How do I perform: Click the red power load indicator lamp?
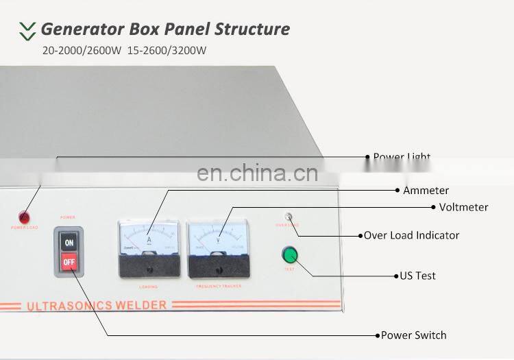24,217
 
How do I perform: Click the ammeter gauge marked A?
148,247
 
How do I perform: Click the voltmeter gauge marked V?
218,248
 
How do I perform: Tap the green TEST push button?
291,255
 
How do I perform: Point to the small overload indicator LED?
289,217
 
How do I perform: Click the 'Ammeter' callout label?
426,191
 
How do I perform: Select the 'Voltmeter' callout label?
463,207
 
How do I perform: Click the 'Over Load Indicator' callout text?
411,235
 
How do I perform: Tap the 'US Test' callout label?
418,276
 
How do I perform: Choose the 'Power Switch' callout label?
414,335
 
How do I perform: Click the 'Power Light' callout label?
402,157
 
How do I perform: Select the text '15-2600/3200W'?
167,50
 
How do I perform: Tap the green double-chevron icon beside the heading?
27,29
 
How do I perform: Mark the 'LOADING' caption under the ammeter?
148,286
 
